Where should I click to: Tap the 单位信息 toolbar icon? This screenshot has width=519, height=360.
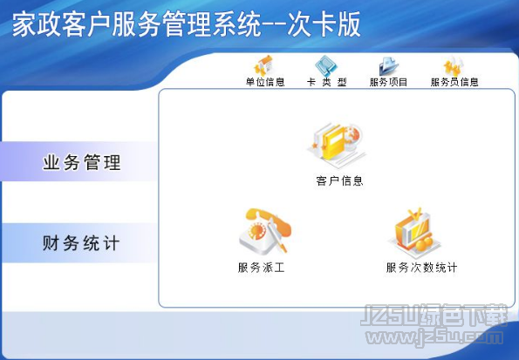[264, 65]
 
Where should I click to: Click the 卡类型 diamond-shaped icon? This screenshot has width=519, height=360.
[326, 65]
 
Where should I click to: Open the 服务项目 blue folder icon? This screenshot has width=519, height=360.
[388, 66]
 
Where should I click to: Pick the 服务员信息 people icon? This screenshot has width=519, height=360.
[454, 65]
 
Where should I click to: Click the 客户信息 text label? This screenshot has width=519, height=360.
[339, 181]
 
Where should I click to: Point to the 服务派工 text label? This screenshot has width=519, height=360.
[262, 268]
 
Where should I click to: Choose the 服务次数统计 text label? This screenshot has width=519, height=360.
[421, 268]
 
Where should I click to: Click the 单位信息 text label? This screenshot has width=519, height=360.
[265, 82]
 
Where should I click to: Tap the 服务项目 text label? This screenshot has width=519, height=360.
[388, 82]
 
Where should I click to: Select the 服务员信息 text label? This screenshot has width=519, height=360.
[454, 82]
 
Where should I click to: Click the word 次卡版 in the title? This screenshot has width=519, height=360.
[324, 24]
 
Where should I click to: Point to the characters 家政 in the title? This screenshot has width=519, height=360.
[37, 24]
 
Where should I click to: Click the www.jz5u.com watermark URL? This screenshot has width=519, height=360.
[434, 337]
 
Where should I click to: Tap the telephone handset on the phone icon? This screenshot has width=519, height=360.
[268, 219]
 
